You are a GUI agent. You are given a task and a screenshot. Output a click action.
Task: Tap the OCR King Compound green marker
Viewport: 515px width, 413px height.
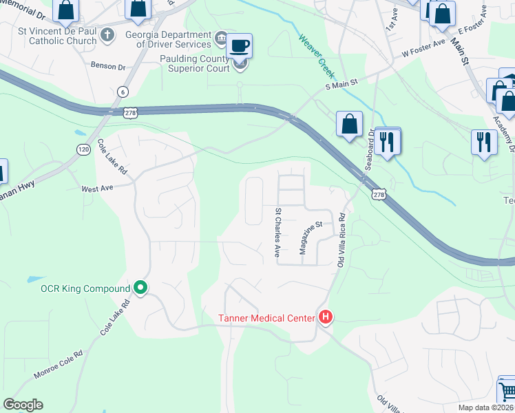(x=140, y=288)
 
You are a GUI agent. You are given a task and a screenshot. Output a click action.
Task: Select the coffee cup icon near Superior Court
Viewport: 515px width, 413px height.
(x=239, y=46)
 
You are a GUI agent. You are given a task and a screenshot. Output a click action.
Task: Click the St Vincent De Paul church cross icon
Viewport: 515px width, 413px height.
(x=107, y=34)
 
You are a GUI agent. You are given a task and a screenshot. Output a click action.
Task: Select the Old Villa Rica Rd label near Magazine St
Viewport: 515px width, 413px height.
(x=341, y=240)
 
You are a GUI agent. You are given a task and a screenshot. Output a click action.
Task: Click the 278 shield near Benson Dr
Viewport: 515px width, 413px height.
(x=132, y=112)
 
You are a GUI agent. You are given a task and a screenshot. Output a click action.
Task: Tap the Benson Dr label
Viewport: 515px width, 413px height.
(x=108, y=67)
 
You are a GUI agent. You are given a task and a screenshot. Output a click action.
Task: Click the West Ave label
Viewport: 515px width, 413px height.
(x=97, y=188)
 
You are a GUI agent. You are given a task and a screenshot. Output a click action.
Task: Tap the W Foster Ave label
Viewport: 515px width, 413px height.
(x=425, y=52)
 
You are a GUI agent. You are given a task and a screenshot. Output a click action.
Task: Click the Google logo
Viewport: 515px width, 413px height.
(x=23, y=405)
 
